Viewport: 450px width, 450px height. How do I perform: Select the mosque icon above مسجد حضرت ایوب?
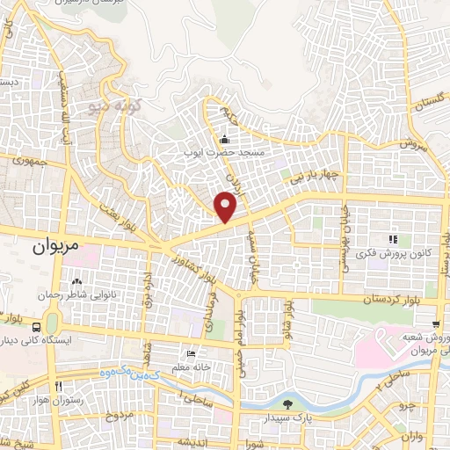pyautogui.click(x=224, y=139)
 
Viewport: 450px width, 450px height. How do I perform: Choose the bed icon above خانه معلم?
pyautogui.click(x=192, y=353)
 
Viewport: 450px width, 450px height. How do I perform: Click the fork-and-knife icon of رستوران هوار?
pyautogui.click(x=58, y=387)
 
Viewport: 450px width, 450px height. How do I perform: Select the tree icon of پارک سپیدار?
pyautogui.click(x=289, y=405)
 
